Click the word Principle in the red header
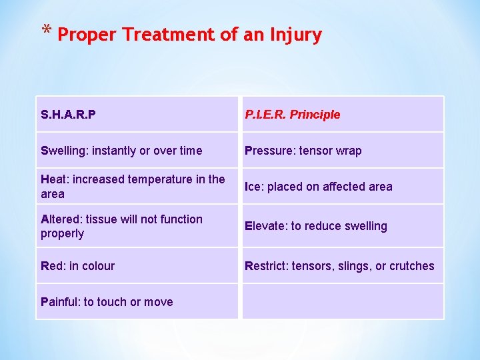[315, 115]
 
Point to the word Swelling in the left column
[63, 151]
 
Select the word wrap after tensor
[347, 151]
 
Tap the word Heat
[54, 179]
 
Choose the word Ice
[253, 187]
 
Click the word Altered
[61, 219]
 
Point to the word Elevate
[265, 226]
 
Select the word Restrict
[267, 266]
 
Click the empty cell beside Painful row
[342, 301]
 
